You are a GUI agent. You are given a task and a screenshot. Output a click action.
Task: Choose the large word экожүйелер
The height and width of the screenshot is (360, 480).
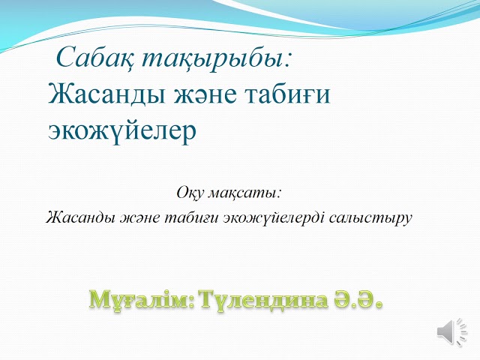click(121, 130)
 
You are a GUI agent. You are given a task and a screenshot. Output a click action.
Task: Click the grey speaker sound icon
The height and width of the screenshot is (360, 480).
click(452, 331)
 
